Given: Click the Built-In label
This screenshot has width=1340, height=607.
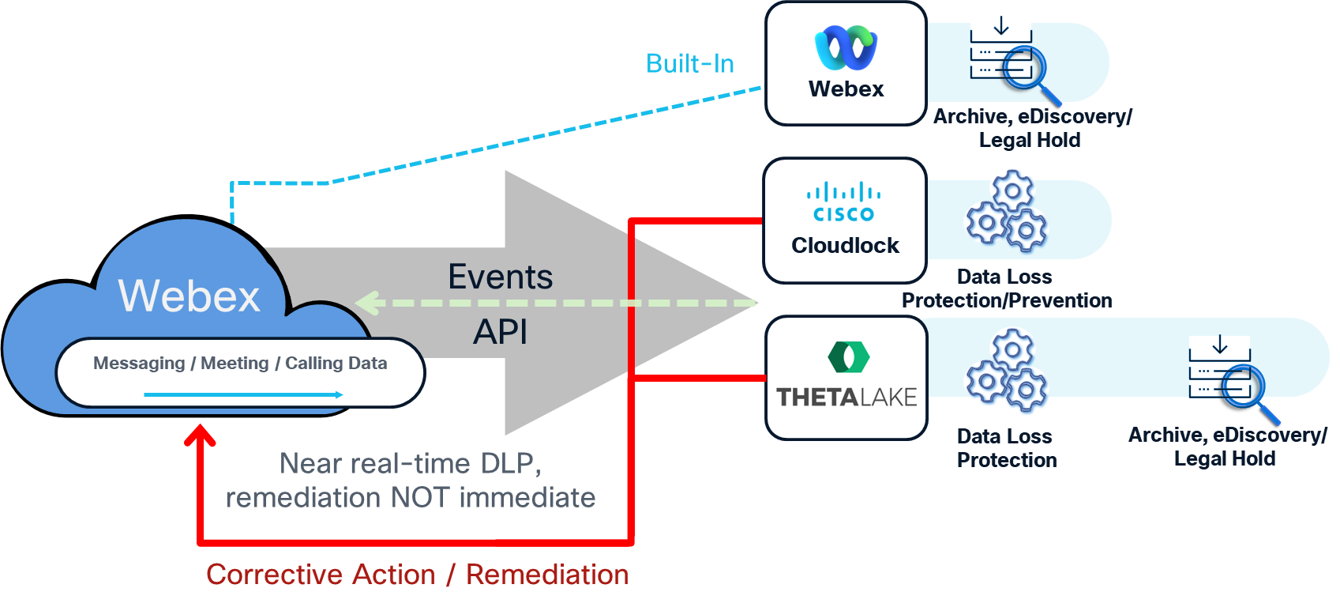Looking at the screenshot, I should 689,63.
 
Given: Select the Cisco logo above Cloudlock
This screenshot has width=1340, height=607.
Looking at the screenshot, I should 844,202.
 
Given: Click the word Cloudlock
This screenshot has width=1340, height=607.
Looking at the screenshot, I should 845,246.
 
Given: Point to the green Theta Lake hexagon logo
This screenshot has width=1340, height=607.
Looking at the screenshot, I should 848,356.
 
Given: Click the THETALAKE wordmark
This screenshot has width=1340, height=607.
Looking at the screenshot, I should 846,397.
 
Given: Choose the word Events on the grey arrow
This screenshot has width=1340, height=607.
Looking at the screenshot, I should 500,277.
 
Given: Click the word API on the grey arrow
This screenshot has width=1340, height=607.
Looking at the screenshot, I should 500,332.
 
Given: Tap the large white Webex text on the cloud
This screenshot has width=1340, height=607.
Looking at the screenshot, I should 189,296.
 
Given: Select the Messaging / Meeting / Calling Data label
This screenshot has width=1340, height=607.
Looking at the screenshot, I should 240,363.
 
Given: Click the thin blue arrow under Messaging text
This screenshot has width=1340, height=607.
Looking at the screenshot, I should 243,394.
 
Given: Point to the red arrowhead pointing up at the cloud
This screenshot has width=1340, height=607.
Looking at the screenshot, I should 201,435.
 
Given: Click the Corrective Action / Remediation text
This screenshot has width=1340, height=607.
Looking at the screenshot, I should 417,575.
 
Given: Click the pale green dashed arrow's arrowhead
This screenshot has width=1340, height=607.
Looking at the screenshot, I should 368,303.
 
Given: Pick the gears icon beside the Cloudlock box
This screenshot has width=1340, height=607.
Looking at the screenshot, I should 1007,210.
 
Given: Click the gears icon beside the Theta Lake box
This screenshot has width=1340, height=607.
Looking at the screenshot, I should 1007,369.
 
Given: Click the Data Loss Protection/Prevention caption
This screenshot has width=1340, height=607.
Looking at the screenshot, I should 1006,288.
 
